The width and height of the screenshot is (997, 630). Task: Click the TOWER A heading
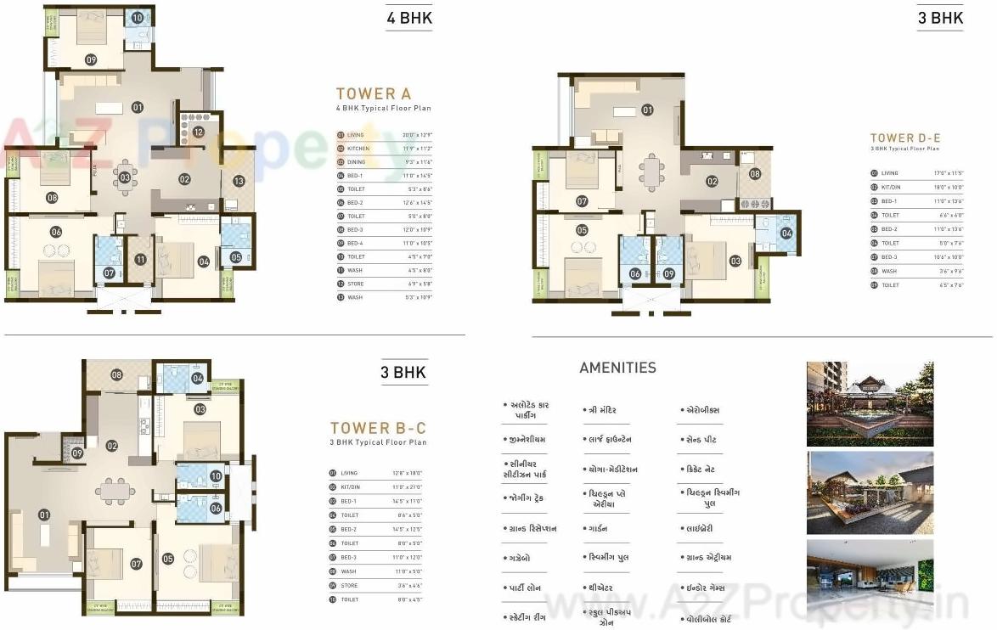pyautogui.click(x=367, y=94)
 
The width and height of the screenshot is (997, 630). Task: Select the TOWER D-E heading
pyautogui.click(x=905, y=138)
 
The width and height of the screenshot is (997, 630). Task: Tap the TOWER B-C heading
pyautogui.click(x=378, y=428)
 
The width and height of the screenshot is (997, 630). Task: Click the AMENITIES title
pyautogui.click(x=617, y=368)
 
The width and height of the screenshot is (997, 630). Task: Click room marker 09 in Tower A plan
pyautogui.click(x=91, y=59)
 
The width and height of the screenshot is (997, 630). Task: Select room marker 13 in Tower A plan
pyautogui.click(x=239, y=181)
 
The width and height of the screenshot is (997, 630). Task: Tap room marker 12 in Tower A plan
pyautogui.click(x=198, y=132)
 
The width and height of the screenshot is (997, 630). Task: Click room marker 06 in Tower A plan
pyautogui.click(x=56, y=232)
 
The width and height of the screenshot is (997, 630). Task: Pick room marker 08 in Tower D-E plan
pyautogui.click(x=755, y=173)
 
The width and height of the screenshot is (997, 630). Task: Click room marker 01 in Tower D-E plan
pyautogui.click(x=647, y=110)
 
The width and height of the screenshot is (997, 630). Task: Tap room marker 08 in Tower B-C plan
pyautogui.click(x=116, y=374)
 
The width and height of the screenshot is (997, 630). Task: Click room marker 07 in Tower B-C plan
pyautogui.click(x=136, y=563)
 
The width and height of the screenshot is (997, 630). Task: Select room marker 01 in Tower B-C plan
pyautogui.click(x=44, y=515)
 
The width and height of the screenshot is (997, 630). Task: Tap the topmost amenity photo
pyautogui.click(x=870, y=404)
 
